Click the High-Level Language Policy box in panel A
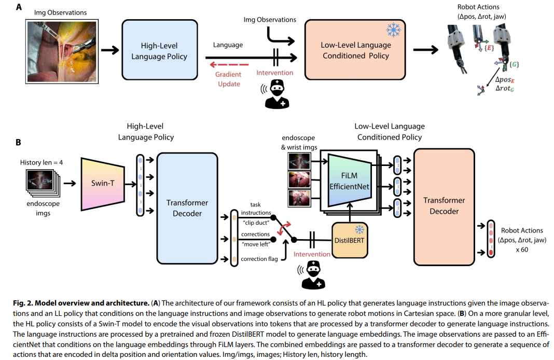(x=160, y=50)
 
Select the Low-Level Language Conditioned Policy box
(x=355, y=50)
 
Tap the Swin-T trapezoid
(x=103, y=184)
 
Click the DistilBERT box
(x=350, y=240)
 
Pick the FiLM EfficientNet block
(x=350, y=181)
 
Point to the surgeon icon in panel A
(x=277, y=94)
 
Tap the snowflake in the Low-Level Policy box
(x=393, y=31)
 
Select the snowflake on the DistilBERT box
(x=359, y=230)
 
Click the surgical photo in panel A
(x=62, y=51)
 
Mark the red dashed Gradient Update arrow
(x=229, y=65)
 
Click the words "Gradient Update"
(x=229, y=79)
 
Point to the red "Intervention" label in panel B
(x=312, y=254)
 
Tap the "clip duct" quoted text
(x=256, y=223)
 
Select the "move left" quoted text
(x=256, y=244)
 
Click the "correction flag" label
(x=259, y=259)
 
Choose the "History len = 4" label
(x=41, y=162)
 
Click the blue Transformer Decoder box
(x=187, y=208)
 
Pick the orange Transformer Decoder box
(x=444, y=206)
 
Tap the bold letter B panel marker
(x=18, y=142)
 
